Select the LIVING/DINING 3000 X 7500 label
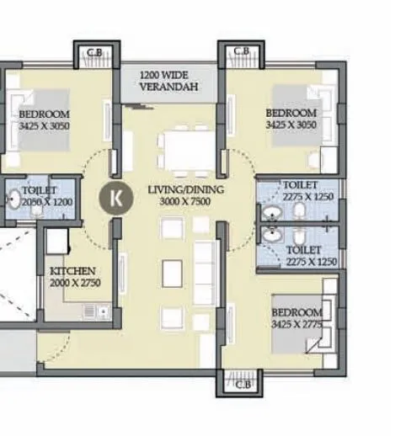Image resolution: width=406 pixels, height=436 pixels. pos(186,195)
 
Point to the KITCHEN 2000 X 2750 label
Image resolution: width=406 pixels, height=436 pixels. pos(74,277)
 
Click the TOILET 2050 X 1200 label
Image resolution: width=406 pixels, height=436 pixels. pos(43,197)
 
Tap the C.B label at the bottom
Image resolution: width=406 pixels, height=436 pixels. pos(243,384)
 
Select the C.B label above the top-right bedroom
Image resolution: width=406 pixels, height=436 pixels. pos(241,52)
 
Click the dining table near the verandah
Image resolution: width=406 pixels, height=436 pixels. pos(188,150)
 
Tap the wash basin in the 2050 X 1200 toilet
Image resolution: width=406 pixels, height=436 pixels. pos(14,200)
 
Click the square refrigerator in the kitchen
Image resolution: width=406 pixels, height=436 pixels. pos(57,242)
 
